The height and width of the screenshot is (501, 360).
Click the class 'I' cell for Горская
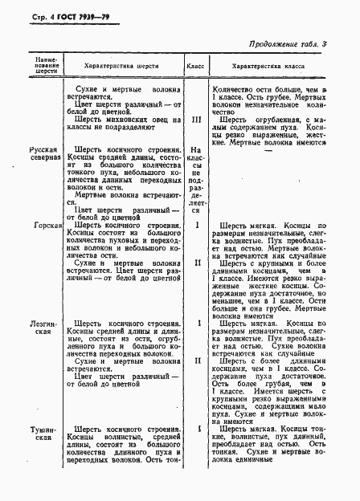pos(196,226)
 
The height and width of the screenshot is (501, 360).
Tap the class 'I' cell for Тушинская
pos(196,430)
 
